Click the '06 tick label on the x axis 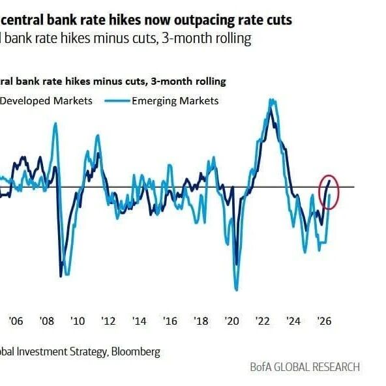(16, 321)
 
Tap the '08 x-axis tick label (46, 321)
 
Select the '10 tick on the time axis (78, 321)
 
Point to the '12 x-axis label (108, 321)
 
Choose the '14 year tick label (139, 321)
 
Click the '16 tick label (170, 321)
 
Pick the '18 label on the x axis (201, 321)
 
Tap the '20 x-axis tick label (232, 321)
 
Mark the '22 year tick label (263, 321)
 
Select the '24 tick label (293, 321)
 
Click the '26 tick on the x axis (325, 321)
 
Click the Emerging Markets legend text (175, 101)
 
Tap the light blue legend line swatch (117, 100)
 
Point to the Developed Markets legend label (46, 101)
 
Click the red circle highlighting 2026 (319, 192)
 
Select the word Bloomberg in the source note (136, 351)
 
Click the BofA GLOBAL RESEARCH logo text (304, 367)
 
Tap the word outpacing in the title (204, 21)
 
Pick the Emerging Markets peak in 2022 (272, 100)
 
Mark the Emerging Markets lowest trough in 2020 (237, 289)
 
